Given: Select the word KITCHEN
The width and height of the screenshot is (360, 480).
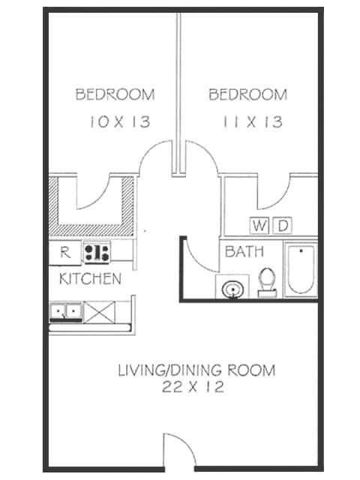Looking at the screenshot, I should click(x=90, y=280).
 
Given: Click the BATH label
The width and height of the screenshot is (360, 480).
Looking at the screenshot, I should click(x=244, y=251).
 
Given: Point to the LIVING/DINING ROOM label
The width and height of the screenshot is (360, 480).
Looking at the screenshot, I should click(x=196, y=370).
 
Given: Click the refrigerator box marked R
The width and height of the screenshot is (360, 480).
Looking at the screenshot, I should click(x=65, y=253).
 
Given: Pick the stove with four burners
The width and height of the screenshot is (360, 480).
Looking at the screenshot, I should click(x=97, y=253).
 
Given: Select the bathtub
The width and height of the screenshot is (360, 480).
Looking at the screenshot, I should click(x=301, y=269).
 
